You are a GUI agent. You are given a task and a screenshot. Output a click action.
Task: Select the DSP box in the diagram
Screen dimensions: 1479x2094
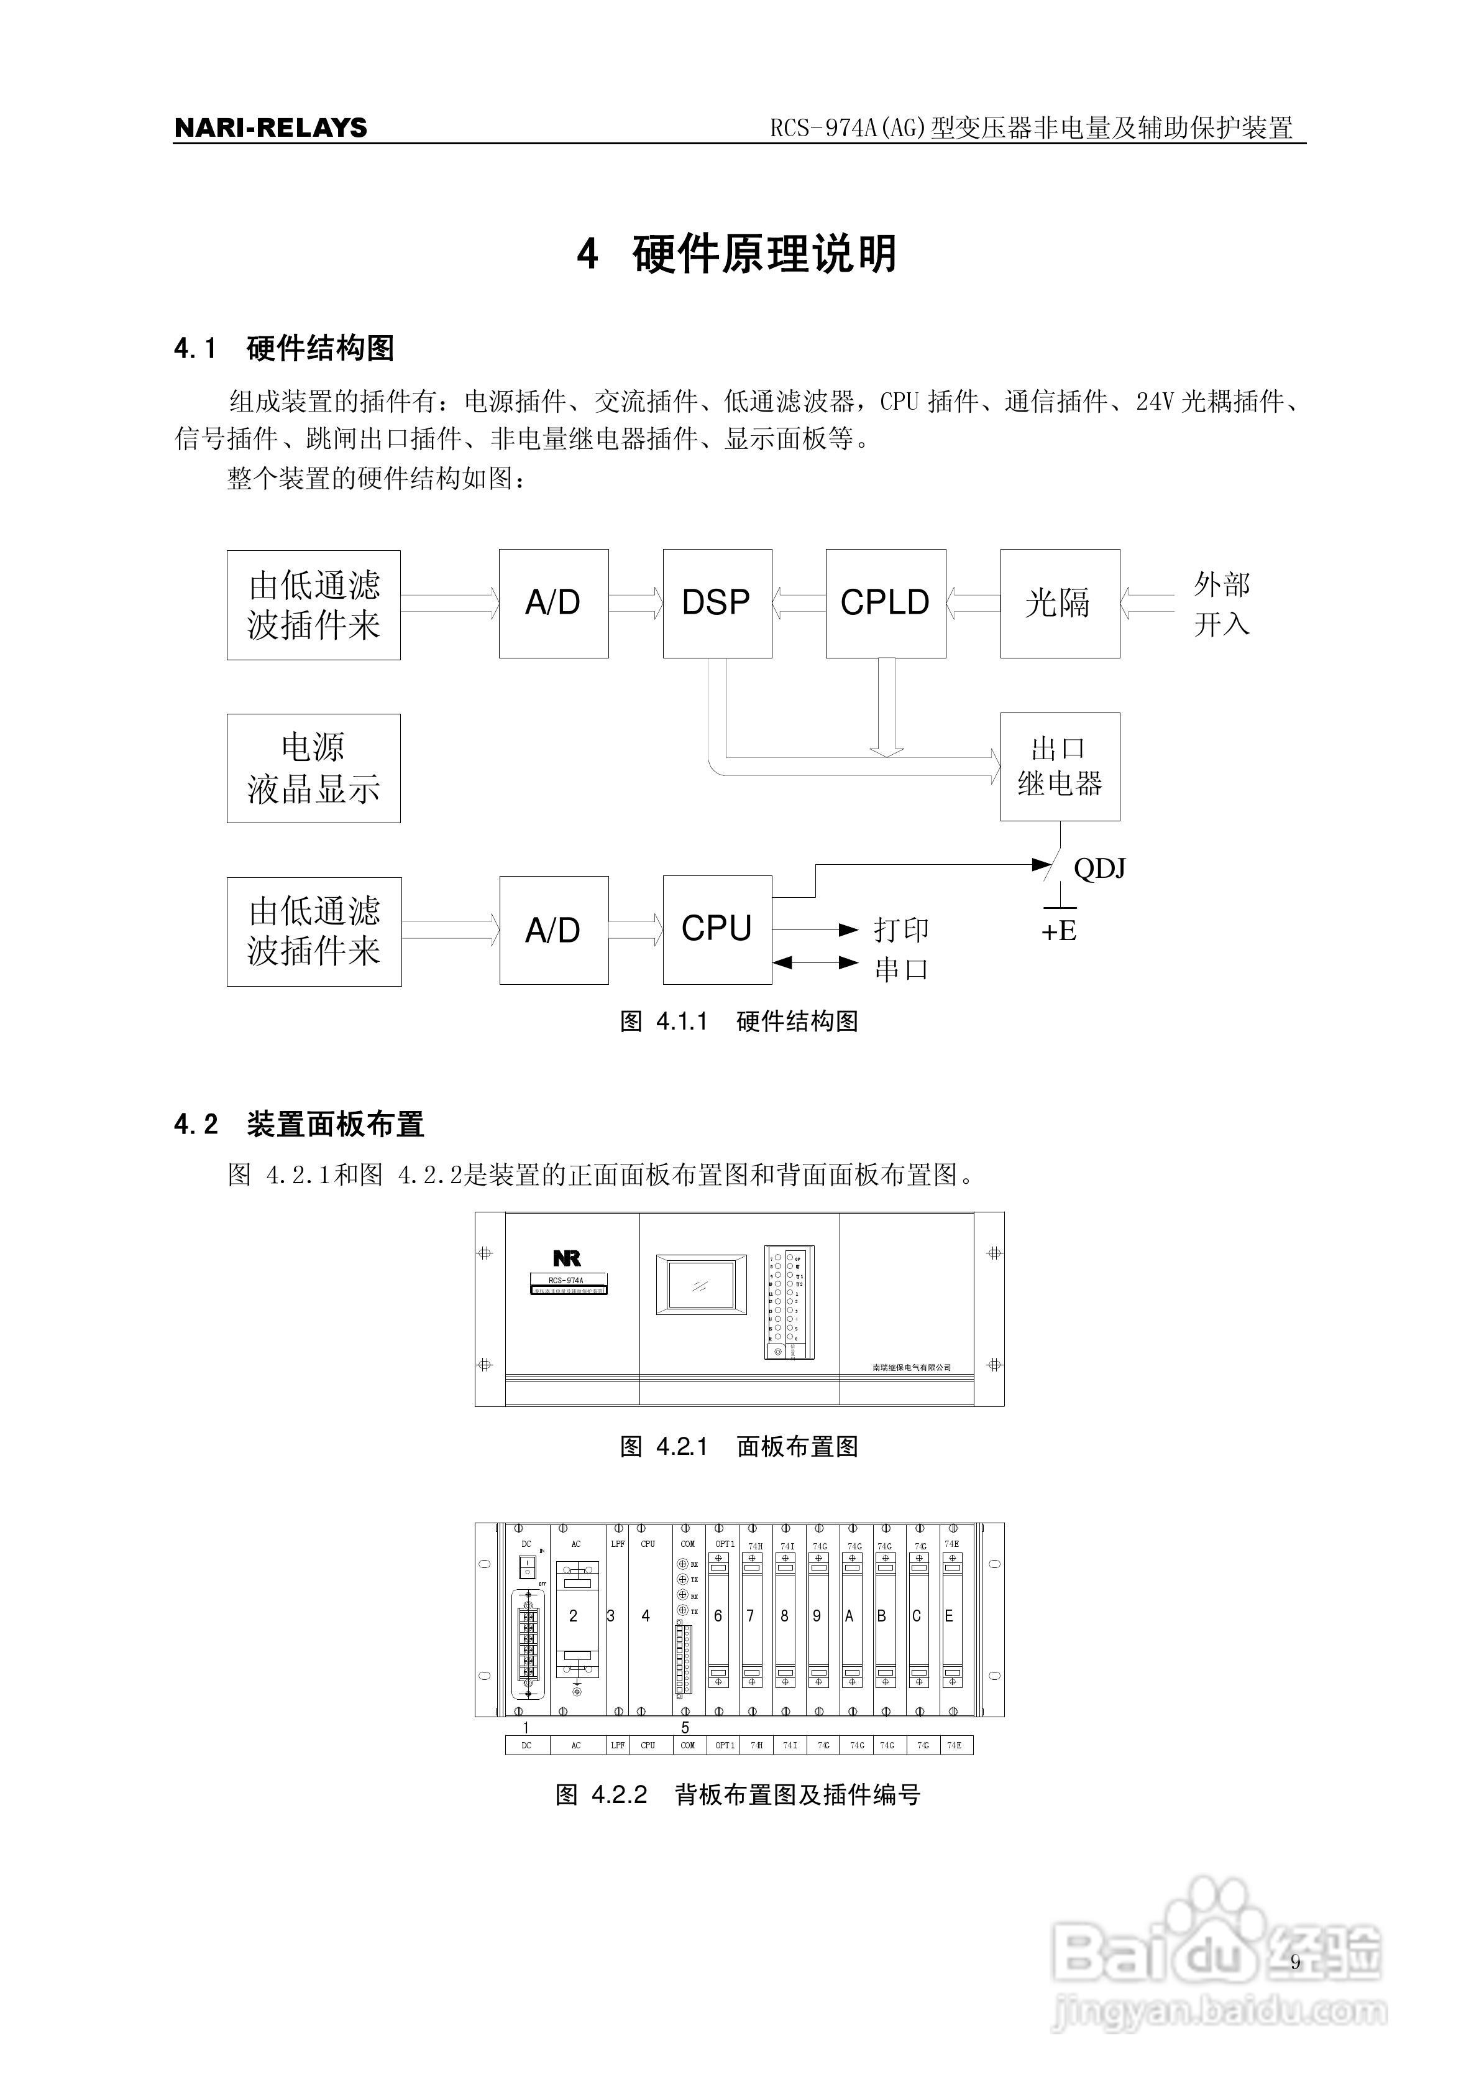(x=717, y=603)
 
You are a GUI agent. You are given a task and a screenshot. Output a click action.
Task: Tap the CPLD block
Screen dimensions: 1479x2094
(x=884, y=603)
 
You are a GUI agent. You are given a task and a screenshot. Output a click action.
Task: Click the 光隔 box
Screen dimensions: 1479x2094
(x=1059, y=603)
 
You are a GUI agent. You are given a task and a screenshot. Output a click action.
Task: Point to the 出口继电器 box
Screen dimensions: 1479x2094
(x=1059, y=766)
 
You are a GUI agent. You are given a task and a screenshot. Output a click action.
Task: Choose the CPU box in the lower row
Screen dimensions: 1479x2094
(x=717, y=929)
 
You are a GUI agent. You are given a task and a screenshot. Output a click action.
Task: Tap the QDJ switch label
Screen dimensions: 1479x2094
(x=1099, y=868)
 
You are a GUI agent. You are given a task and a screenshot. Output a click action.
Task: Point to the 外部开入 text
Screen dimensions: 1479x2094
(x=1221, y=604)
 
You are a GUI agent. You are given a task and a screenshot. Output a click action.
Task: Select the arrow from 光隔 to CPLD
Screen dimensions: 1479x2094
(x=973, y=603)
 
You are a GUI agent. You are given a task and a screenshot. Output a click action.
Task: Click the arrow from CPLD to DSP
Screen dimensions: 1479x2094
(x=799, y=603)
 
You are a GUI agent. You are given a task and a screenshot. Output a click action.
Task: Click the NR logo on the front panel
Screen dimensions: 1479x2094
(x=566, y=1258)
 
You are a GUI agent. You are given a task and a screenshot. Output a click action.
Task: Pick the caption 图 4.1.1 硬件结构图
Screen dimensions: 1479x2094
(x=739, y=1022)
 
